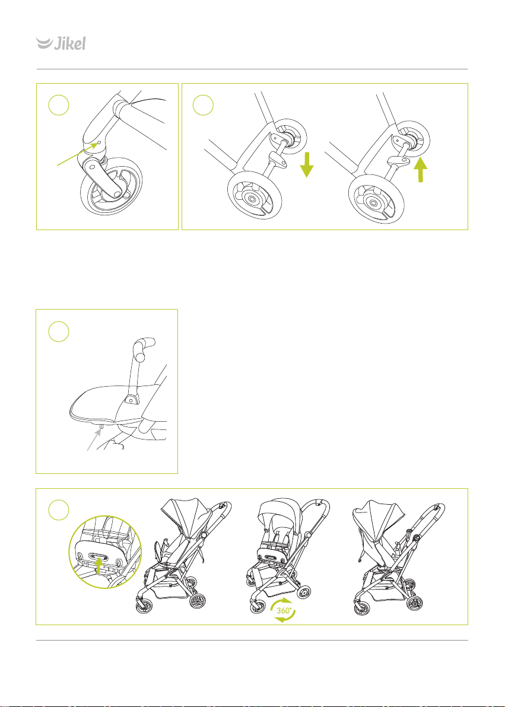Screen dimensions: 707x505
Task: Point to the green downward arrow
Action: tap(306, 164)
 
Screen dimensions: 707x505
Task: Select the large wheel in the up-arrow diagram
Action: tap(373, 202)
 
